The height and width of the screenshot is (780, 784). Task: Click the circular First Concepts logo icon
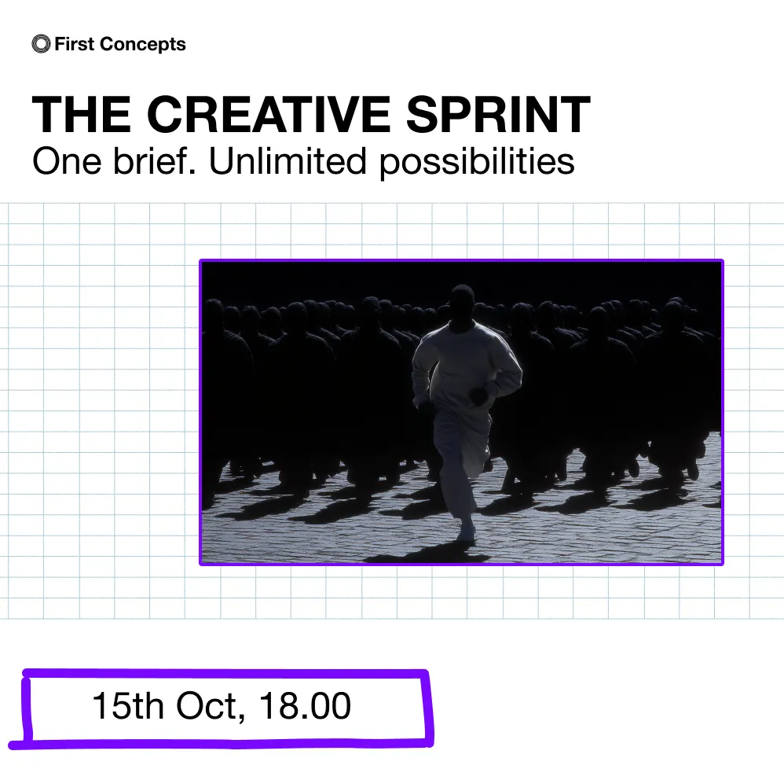point(41,44)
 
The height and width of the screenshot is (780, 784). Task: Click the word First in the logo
point(75,44)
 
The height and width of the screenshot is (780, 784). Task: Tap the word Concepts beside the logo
point(142,45)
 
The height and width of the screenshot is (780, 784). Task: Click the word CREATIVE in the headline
point(269,114)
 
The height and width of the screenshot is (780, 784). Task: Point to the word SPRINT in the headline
point(498,114)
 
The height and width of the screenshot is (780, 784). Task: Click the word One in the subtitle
point(67,161)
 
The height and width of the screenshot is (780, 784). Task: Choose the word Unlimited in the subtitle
point(288,161)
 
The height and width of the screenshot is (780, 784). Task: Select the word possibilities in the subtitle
point(477,163)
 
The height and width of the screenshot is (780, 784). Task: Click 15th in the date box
point(128,706)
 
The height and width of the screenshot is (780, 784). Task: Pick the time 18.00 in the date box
point(305,706)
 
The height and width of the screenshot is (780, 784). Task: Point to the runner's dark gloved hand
point(479,396)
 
